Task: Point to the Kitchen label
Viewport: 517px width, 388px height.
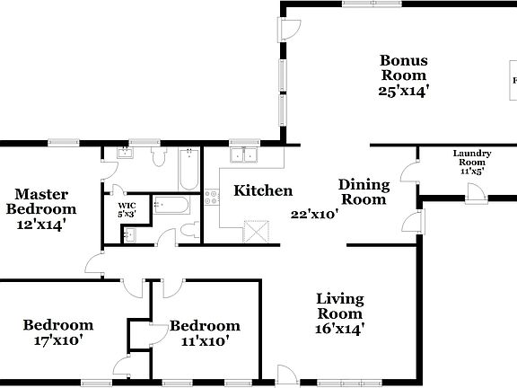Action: point(263,190)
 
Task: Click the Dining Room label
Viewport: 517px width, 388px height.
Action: point(364,192)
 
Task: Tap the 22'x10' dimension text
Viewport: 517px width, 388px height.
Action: point(314,215)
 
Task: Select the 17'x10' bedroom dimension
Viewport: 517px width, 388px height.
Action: point(58,340)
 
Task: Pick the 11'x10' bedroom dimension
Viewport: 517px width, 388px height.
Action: point(205,340)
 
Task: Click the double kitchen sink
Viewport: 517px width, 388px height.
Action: point(242,155)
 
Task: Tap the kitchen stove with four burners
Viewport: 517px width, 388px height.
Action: point(213,197)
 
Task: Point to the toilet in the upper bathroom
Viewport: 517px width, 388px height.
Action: point(159,158)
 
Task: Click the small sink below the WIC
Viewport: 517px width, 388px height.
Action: point(128,235)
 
